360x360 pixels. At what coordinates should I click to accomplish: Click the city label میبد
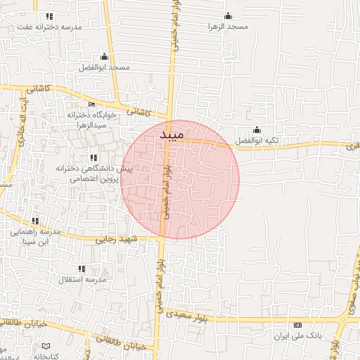click(x=172, y=134)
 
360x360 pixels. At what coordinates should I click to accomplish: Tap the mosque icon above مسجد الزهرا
click(x=227, y=16)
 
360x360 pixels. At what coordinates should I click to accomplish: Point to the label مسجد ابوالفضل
click(x=105, y=67)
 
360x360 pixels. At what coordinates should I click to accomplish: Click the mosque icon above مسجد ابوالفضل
click(x=105, y=56)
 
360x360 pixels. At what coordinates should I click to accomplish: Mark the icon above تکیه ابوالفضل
click(x=257, y=129)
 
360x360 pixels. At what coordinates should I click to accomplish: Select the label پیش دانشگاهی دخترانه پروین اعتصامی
click(x=96, y=174)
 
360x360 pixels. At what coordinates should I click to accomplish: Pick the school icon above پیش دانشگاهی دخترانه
click(x=93, y=157)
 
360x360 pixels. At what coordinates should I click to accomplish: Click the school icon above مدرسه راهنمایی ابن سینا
click(x=35, y=221)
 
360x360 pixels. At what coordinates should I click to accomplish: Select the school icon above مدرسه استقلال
click(x=82, y=268)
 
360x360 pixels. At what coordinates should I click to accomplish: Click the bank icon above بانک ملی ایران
click(x=297, y=326)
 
